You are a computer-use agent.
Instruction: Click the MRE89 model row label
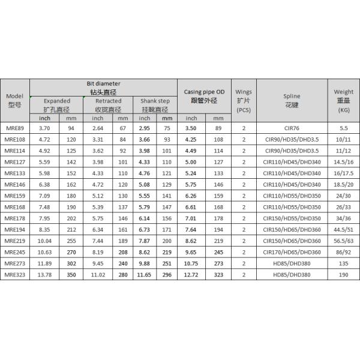[x=14, y=128]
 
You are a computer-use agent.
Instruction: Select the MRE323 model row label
[x=14, y=275]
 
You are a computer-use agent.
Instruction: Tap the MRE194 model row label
[x=14, y=230]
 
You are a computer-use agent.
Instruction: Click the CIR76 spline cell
[x=292, y=128]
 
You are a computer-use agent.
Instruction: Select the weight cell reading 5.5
[x=344, y=128]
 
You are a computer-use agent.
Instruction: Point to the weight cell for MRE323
[x=344, y=275]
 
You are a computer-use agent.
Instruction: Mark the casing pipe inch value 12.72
[x=191, y=275]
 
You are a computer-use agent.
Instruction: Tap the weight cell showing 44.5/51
[x=344, y=230]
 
